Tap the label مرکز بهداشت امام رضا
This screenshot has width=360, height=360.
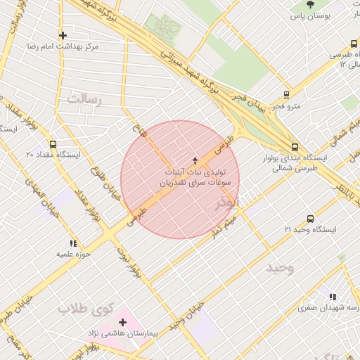62,46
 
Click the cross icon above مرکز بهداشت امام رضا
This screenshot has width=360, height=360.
63,34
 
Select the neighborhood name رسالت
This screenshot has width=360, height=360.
84,99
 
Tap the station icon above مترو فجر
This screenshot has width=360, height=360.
286,95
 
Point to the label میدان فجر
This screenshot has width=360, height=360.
248,102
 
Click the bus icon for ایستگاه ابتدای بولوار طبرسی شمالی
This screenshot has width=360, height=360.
294,148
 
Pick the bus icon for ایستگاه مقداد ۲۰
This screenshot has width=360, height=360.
53,144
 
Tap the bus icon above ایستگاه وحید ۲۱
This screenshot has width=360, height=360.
310,219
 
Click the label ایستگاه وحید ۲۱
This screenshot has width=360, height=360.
310,230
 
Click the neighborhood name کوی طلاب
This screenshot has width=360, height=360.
86,309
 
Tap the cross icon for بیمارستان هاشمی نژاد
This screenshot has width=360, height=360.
122,321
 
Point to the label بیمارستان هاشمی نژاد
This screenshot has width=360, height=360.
132,331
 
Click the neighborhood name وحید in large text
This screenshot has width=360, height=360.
279,268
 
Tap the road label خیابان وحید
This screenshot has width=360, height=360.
190,314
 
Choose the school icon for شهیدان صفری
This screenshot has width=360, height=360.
332,297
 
